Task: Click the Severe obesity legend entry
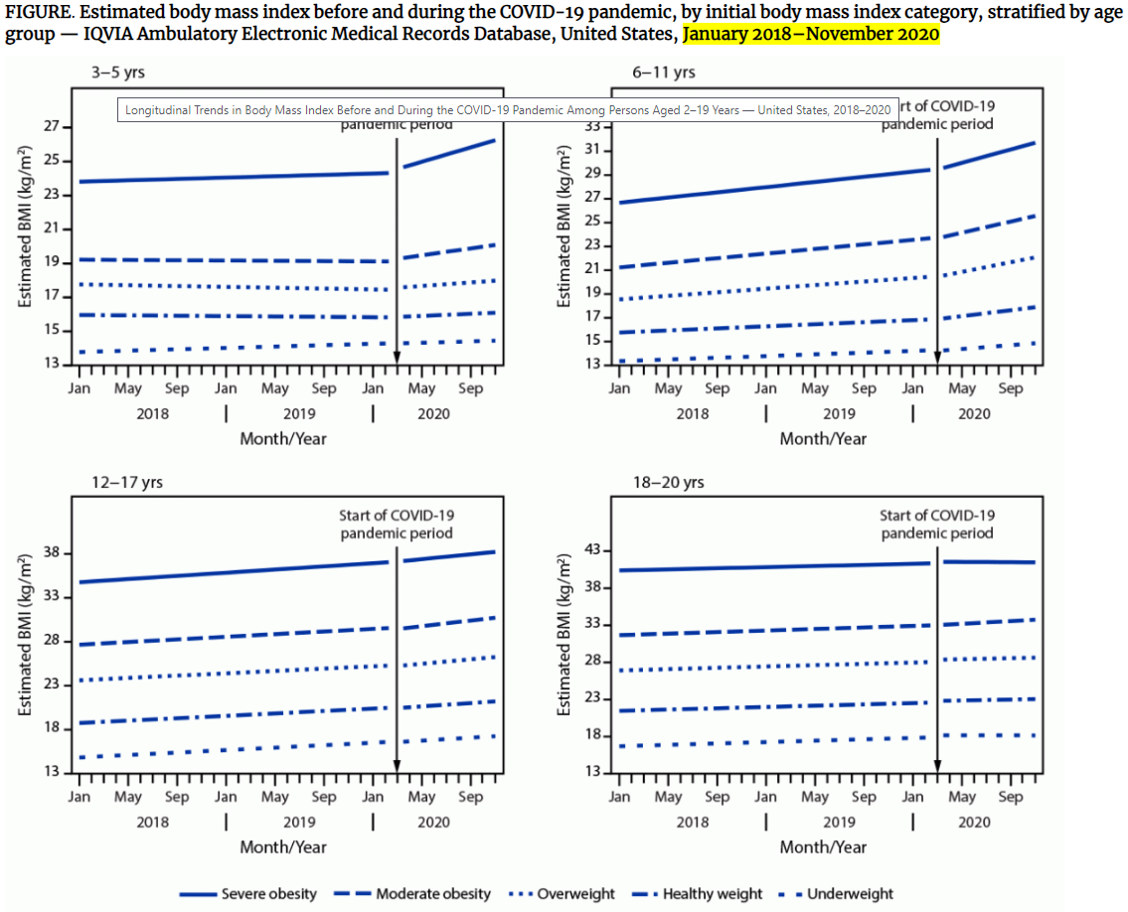click(x=248, y=893)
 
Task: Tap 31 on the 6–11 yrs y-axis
click(x=593, y=150)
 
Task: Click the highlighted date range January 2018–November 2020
click(x=811, y=34)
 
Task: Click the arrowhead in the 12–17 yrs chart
click(x=397, y=764)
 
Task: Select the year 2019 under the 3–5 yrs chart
click(x=299, y=412)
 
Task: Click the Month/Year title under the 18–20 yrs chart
click(x=823, y=846)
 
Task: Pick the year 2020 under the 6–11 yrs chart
click(x=974, y=412)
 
